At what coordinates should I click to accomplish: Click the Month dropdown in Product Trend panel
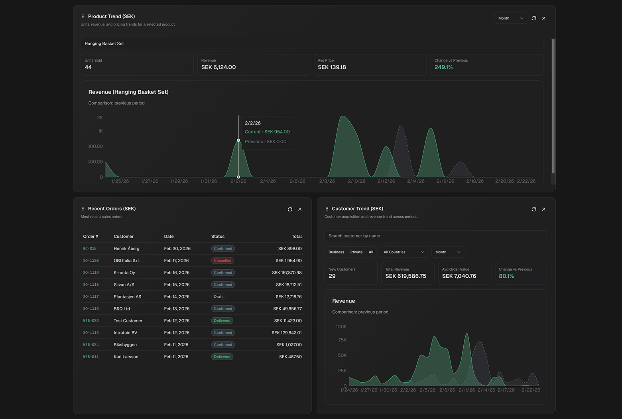[x=511, y=18]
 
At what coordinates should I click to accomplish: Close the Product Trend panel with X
[x=543, y=18]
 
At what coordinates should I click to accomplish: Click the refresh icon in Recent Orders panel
[x=290, y=209]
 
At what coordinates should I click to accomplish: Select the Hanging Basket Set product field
[x=311, y=43]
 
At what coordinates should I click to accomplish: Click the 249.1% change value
[x=443, y=67]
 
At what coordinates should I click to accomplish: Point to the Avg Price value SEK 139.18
[x=332, y=67]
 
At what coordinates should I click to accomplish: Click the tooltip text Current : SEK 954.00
[x=267, y=132]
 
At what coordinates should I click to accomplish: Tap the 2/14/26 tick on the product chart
[x=415, y=181]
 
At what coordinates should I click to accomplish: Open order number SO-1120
[x=91, y=261]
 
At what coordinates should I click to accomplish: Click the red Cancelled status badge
[x=222, y=261]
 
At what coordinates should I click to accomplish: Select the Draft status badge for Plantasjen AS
[x=218, y=296]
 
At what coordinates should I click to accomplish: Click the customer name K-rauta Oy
[x=124, y=273]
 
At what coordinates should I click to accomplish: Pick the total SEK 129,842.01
[x=286, y=333]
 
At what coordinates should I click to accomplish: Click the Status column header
[x=218, y=237]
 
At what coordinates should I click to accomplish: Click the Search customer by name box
[x=436, y=236]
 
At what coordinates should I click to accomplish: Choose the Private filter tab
[x=356, y=252]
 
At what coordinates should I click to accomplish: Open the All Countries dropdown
[x=404, y=252]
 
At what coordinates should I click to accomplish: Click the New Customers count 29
[x=332, y=276]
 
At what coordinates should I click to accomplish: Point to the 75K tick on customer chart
[x=342, y=340]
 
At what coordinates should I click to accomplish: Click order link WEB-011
[x=91, y=357]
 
